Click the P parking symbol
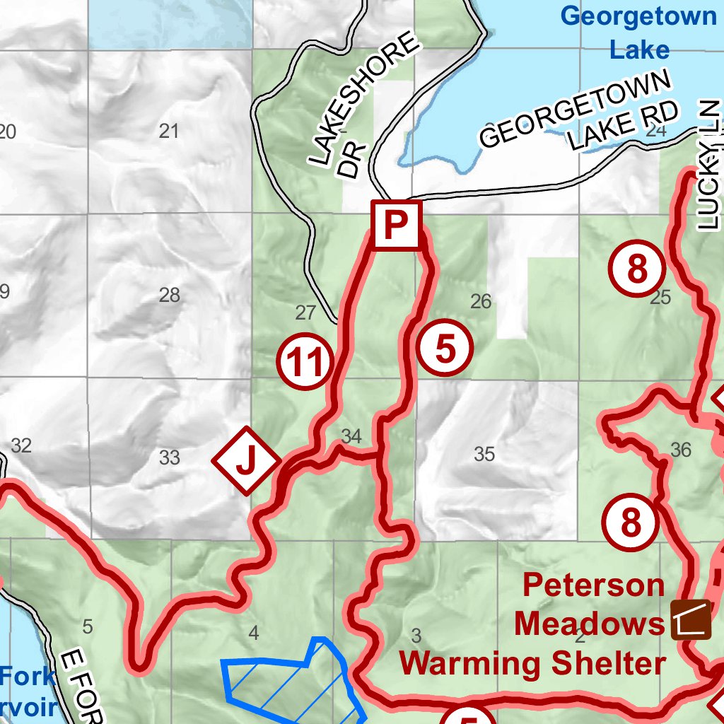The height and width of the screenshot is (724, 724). click(x=396, y=226)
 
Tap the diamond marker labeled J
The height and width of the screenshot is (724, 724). click(x=245, y=460)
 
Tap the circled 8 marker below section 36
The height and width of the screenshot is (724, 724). click(x=630, y=524)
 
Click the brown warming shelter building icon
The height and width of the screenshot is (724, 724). click(x=691, y=620)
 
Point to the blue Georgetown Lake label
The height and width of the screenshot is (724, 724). click(x=640, y=33)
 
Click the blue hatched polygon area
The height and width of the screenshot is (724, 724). click(x=290, y=682)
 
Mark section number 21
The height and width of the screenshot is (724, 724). click(x=169, y=131)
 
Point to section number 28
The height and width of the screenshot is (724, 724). click(x=169, y=295)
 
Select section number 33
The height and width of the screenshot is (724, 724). click(x=169, y=457)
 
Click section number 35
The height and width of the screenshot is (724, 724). click(x=484, y=454)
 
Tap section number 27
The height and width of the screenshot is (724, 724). click(x=305, y=313)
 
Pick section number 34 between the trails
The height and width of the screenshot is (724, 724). click(x=351, y=436)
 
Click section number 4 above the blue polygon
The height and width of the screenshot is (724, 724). click(x=254, y=633)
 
